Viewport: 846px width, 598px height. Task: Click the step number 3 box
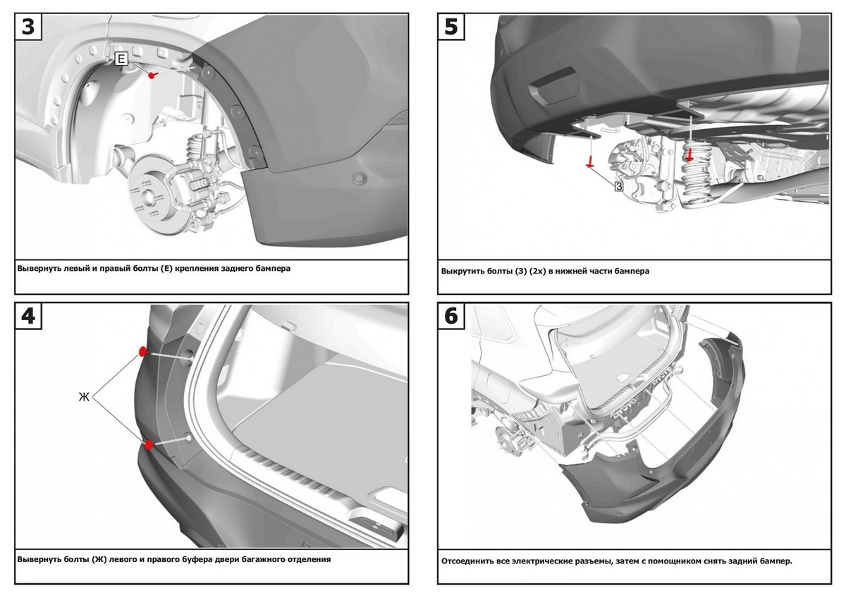[28, 26]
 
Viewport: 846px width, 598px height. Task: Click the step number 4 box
[28, 317]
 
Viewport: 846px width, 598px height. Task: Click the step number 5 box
[451, 26]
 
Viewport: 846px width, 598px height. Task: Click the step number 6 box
[451, 317]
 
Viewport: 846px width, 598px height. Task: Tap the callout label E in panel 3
[121, 60]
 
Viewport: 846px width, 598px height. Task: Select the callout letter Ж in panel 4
[84, 397]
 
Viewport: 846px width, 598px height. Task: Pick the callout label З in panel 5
[618, 186]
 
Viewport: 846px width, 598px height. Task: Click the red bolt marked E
[152, 73]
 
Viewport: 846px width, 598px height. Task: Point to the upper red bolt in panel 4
[142, 350]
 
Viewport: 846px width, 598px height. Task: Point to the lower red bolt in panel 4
[149, 444]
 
